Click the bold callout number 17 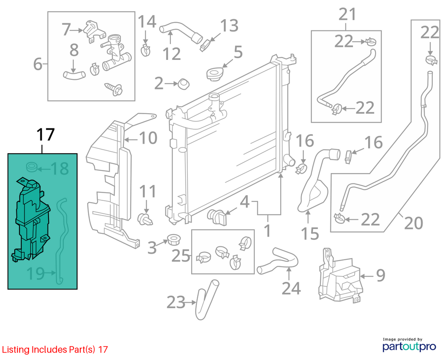(x=46, y=134)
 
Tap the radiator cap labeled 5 (x=215, y=74)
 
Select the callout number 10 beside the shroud (x=148, y=138)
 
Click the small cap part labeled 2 (x=183, y=84)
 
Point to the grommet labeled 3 (x=174, y=240)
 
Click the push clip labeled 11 (x=145, y=219)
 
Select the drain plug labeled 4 (x=217, y=217)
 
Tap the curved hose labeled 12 (x=181, y=32)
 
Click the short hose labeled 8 (x=74, y=75)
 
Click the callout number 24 (x=291, y=288)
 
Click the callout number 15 (x=310, y=233)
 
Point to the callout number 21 (x=347, y=14)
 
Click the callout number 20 (x=414, y=223)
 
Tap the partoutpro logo (x=409, y=345)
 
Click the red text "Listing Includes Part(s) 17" (x=55, y=350)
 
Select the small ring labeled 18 (x=32, y=167)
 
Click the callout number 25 (x=181, y=256)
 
